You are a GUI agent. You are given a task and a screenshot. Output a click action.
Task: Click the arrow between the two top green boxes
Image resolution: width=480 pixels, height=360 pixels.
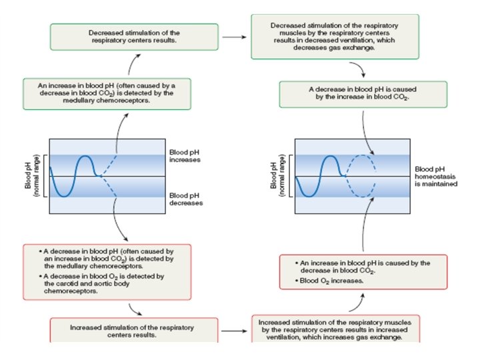coord(233,37)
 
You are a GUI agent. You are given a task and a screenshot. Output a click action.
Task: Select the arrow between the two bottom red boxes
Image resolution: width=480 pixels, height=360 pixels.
coord(233,330)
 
